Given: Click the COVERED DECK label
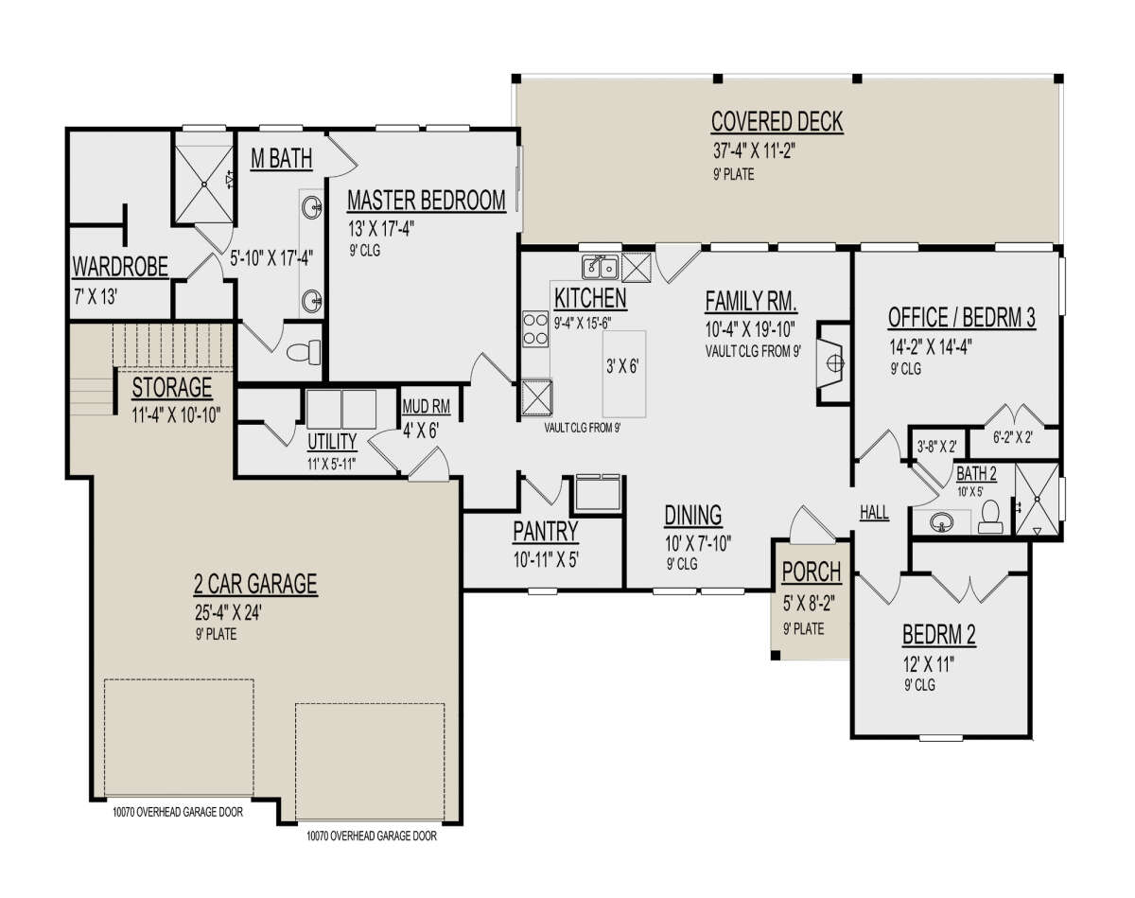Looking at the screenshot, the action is point(777,121).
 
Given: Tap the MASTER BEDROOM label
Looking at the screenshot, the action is point(427,201).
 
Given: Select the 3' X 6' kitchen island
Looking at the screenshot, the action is point(624,374).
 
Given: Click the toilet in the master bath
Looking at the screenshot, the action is point(304,352).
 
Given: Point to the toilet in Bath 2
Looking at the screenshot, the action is point(989,516).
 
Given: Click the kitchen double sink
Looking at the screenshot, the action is point(601,267).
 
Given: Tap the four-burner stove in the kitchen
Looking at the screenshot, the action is point(535,328).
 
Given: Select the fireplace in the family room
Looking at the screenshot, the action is point(833,363).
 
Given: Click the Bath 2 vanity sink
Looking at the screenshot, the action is point(941,523).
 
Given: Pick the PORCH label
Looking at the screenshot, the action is point(812,572).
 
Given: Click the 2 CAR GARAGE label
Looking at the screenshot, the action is point(255,584).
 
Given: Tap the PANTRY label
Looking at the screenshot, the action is point(546,531).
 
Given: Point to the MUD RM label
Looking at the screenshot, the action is point(427,406).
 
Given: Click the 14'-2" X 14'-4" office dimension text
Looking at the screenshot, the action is point(931,346).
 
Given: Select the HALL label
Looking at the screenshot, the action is point(874,512).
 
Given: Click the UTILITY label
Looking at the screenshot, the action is point(332,442).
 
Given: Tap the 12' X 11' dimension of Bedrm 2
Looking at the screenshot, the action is point(928,664).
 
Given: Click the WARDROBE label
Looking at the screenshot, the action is point(120,267).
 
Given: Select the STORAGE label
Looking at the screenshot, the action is point(172,388).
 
